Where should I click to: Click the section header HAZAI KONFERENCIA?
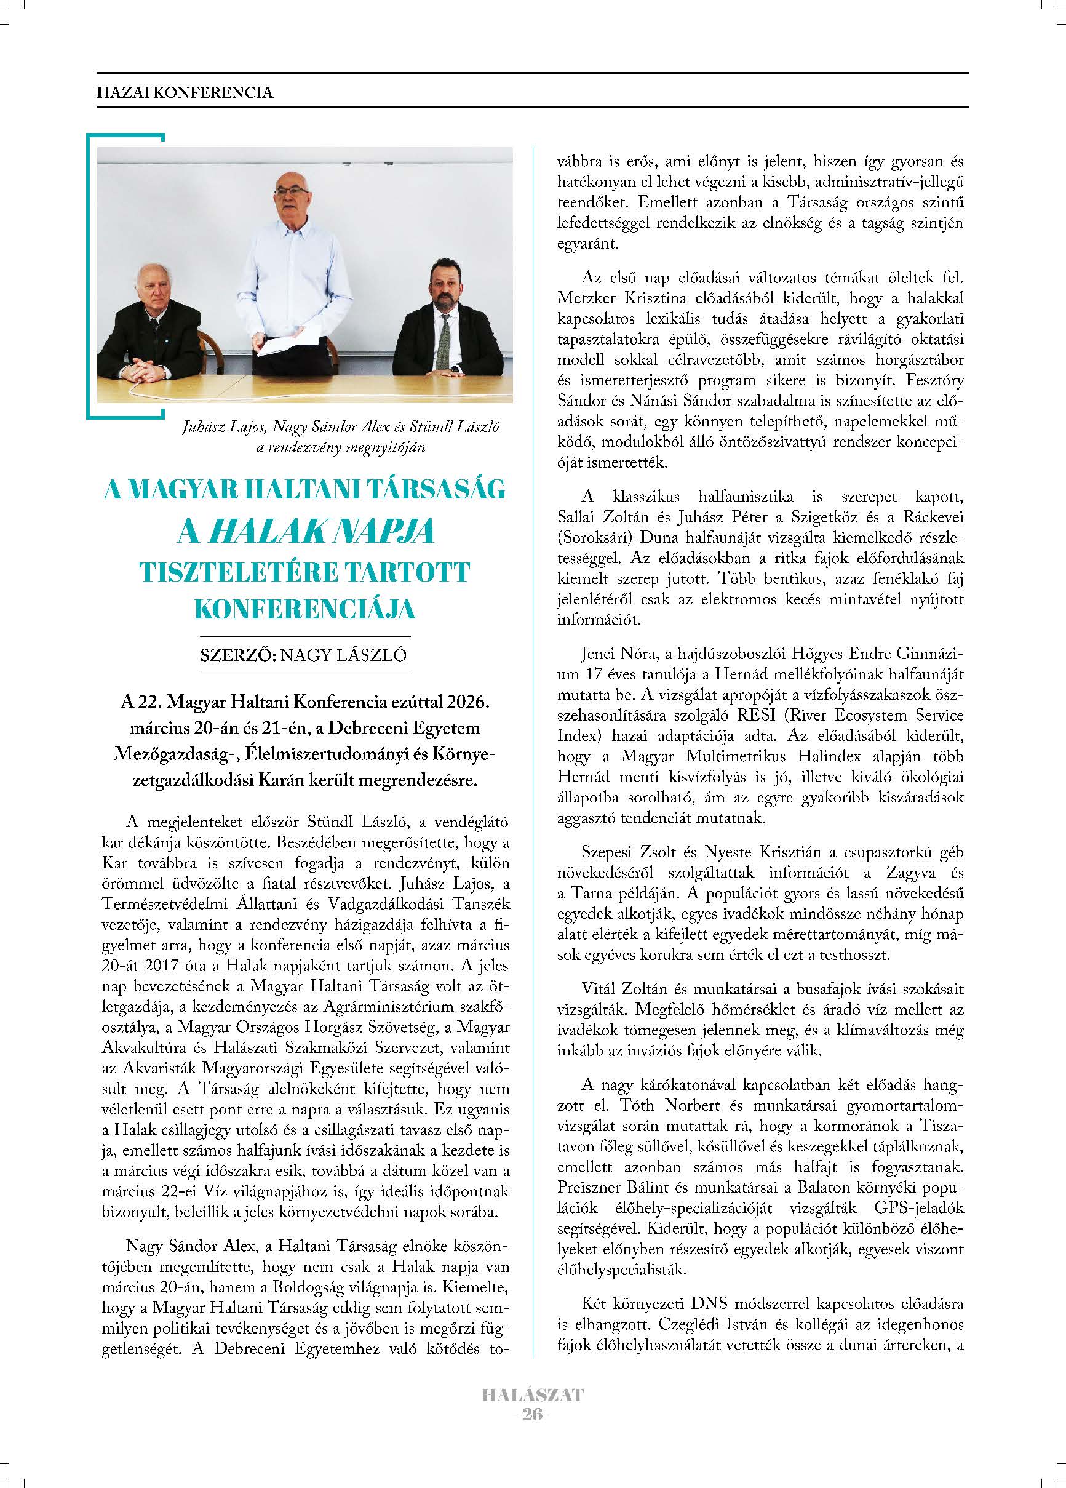[x=185, y=92]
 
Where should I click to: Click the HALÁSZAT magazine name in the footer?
[x=533, y=1395]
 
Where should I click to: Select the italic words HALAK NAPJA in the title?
[x=320, y=532]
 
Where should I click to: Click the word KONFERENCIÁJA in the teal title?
[x=305, y=609]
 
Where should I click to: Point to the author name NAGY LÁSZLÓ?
[x=343, y=655]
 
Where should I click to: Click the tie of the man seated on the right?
[x=444, y=342]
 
